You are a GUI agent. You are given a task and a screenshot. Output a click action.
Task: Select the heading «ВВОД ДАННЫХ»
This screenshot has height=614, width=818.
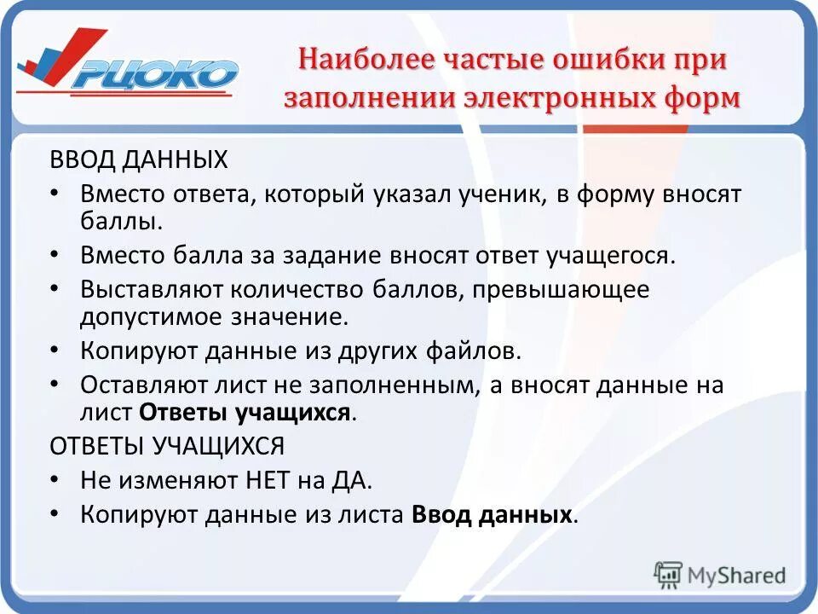pyautogui.click(x=139, y=159)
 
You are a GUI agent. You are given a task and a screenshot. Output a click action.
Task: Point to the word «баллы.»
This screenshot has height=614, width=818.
pyautogui.click(x=121, y=222)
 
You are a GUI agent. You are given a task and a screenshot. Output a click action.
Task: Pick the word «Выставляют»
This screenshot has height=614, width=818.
pyautogui.click(x=148, y=289)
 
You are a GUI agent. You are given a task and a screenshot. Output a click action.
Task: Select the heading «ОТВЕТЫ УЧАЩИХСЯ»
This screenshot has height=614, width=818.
pyautogui.click(x=167, y=446)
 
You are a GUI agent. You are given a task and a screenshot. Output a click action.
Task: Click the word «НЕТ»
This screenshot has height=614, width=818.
pyautogui.click(x=267, y=480)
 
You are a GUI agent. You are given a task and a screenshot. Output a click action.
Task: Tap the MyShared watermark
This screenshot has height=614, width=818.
pyautogui.click(x=721, y=574)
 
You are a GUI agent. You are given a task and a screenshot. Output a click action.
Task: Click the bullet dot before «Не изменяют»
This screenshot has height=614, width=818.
pyautogui.click(x=55, y=480)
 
